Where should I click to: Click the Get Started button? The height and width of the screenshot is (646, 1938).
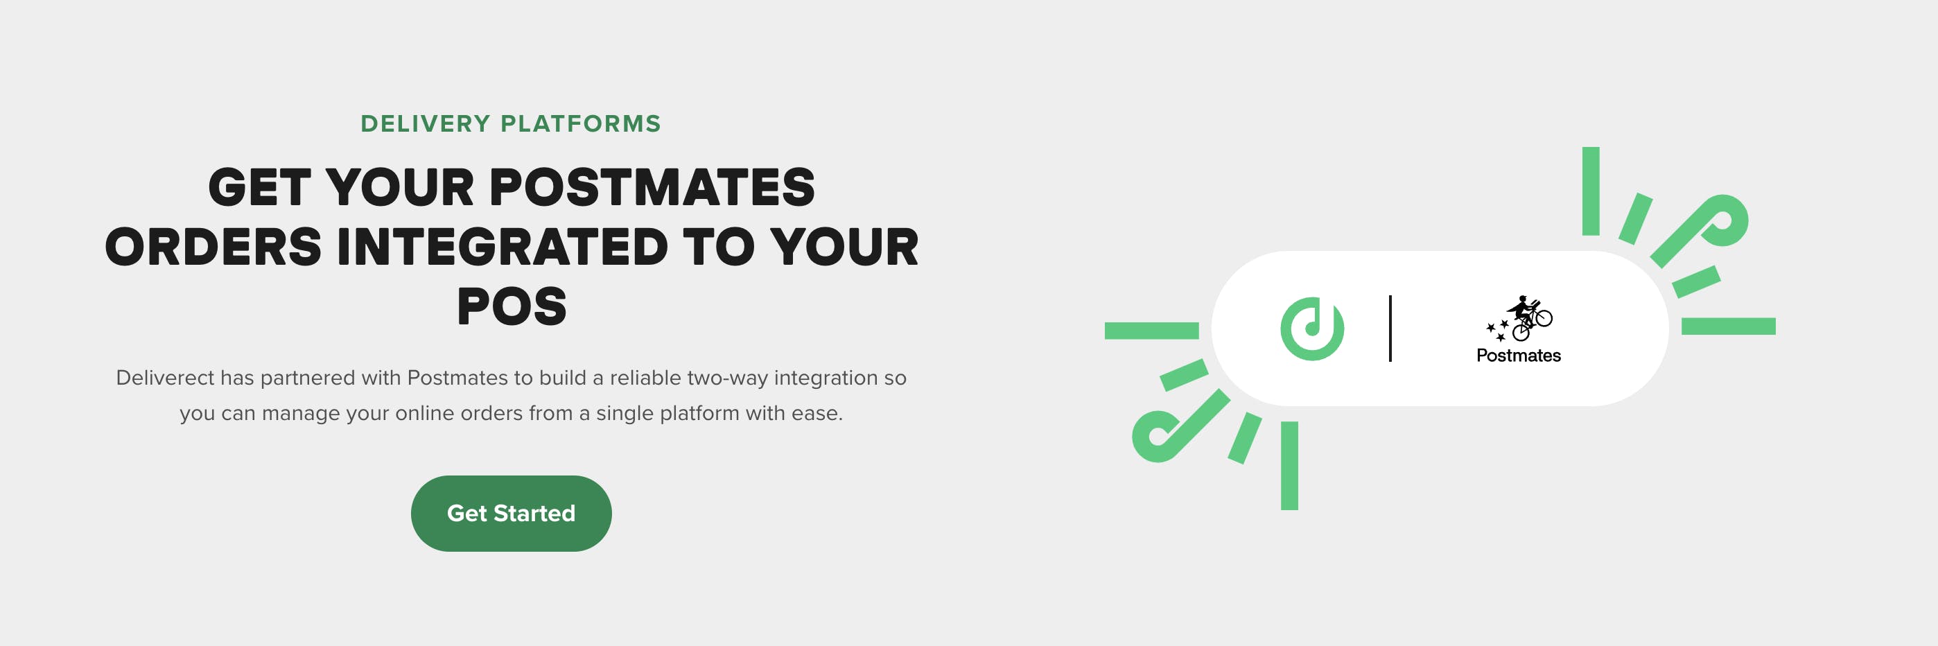511,513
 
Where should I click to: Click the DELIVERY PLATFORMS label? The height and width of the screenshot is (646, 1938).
511,123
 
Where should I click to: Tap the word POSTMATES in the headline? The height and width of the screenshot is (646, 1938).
652,187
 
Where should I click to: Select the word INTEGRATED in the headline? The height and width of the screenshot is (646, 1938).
502,247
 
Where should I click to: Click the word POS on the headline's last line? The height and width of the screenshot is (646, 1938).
512,307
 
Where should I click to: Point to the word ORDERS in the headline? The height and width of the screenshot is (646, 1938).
213,247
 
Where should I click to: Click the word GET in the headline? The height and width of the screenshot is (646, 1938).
259,187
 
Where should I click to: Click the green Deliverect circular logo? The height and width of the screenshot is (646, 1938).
1312,329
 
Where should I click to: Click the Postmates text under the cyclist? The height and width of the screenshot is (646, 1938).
1518,355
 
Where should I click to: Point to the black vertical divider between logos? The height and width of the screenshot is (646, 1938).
1390,329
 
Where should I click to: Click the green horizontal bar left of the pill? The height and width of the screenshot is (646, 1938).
1151,330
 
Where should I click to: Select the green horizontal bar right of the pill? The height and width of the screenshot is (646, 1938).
1728,326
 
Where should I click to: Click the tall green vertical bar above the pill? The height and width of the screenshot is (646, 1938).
1591,191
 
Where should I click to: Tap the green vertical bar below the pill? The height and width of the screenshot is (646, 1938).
1289,466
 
